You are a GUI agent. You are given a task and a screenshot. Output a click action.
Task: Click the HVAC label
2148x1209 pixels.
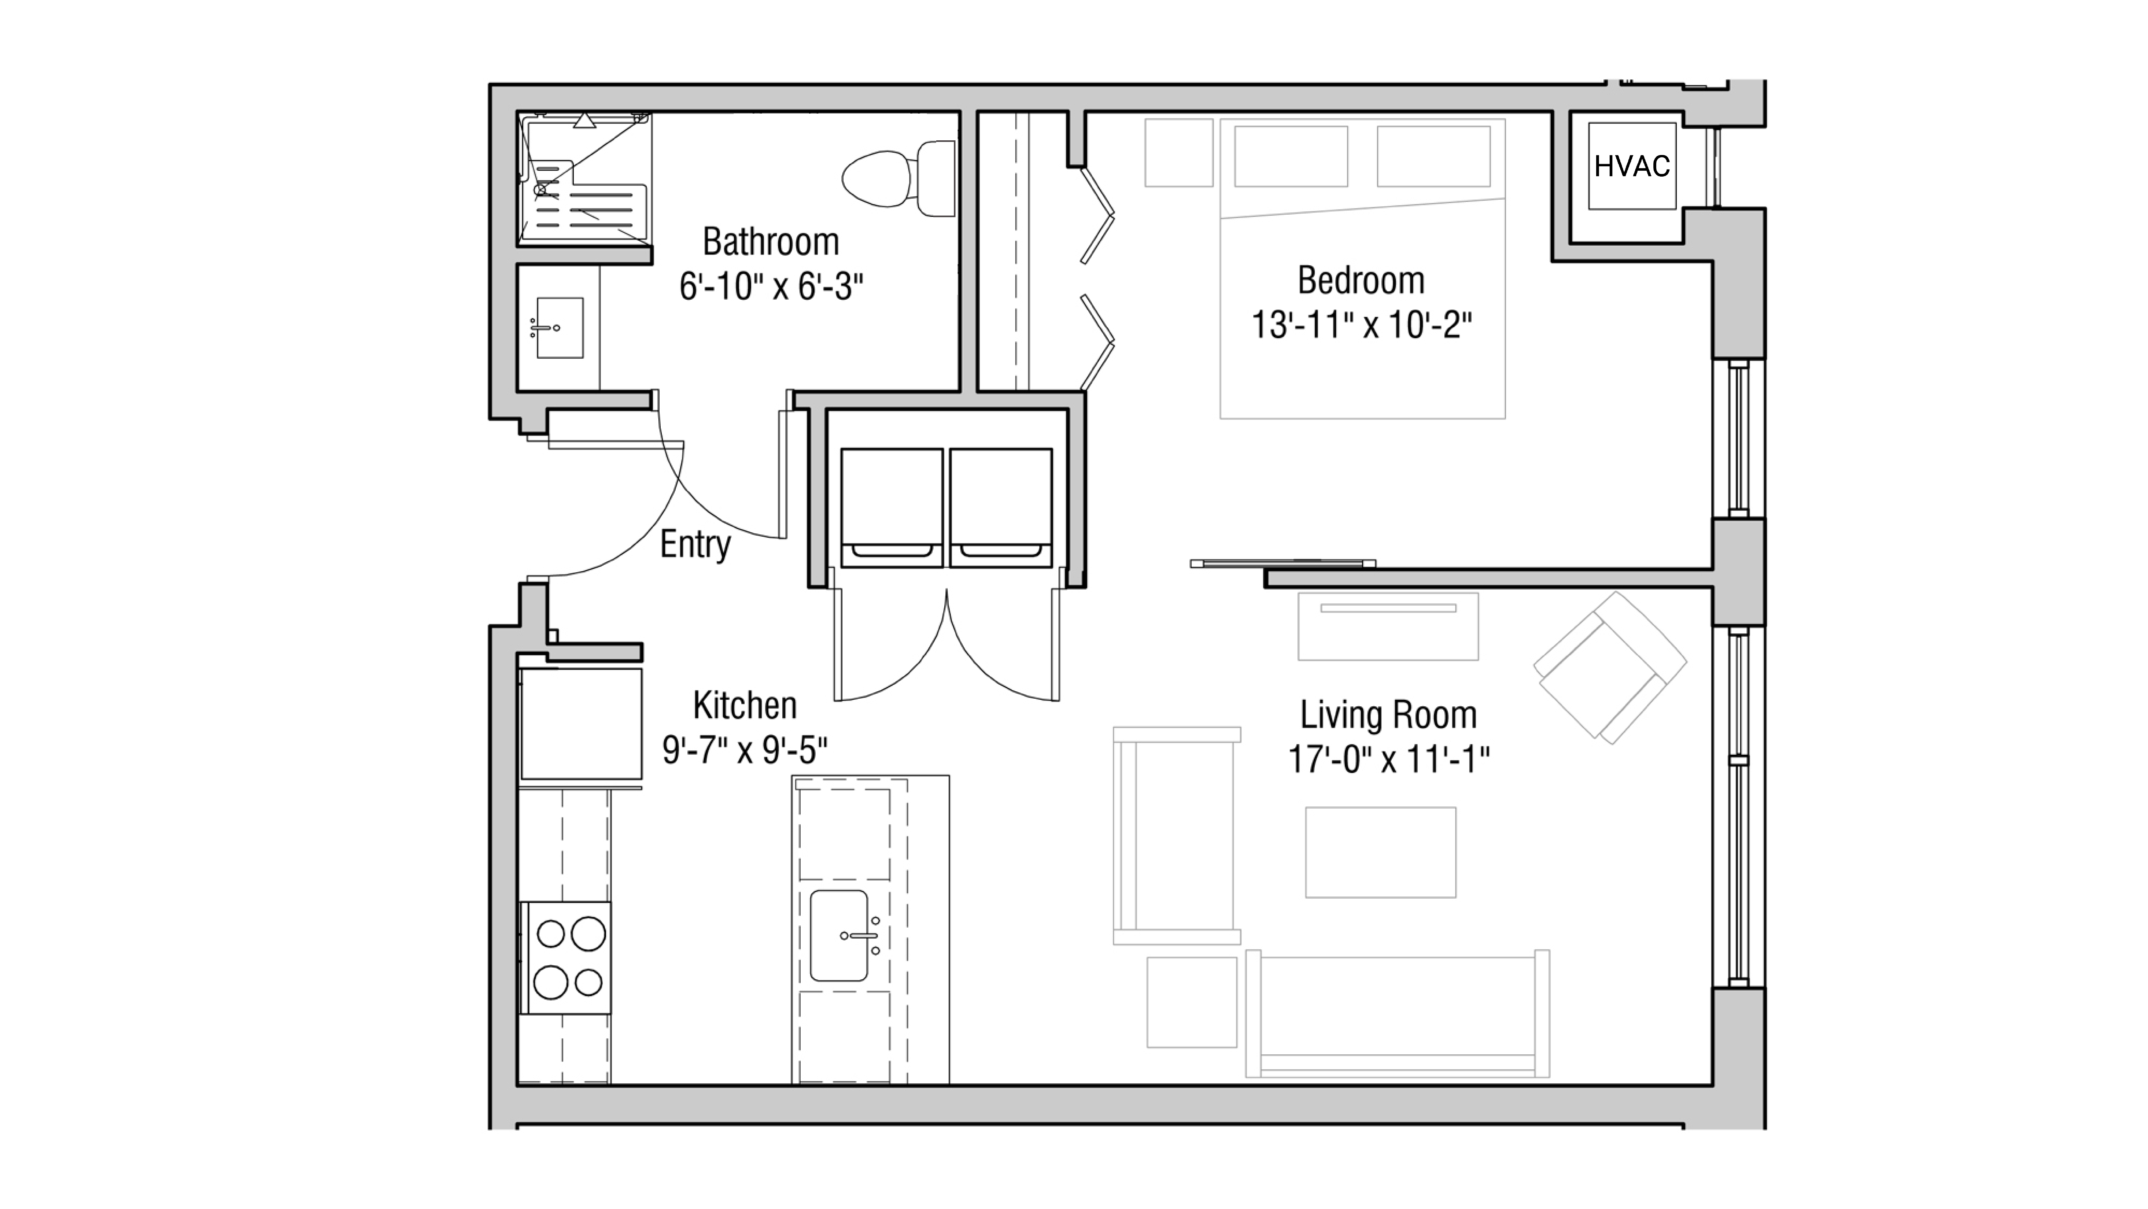(x=1632, y=167)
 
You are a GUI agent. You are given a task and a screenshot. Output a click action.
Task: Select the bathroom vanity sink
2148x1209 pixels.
(x=559, y=328)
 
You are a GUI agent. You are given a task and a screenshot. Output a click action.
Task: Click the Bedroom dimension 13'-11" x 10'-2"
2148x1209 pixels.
(x=1361, y=325)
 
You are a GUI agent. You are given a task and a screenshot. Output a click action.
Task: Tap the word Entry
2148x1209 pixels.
(x=695, y=544)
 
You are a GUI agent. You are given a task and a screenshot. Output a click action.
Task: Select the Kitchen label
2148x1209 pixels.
(x=745, y=705)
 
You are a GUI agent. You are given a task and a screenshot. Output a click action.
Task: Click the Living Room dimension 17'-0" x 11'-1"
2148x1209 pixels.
(x=1388, y=759)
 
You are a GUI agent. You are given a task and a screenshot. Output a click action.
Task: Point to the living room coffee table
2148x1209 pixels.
(x=1380, y=852)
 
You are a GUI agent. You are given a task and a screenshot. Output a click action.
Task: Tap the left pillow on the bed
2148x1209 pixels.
(x=1291, y=156)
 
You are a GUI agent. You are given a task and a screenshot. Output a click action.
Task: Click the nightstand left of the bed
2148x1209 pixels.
(x=1178, y=152)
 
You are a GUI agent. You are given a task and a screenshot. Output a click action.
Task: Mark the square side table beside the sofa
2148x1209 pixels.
(x=1192, y=1002)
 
